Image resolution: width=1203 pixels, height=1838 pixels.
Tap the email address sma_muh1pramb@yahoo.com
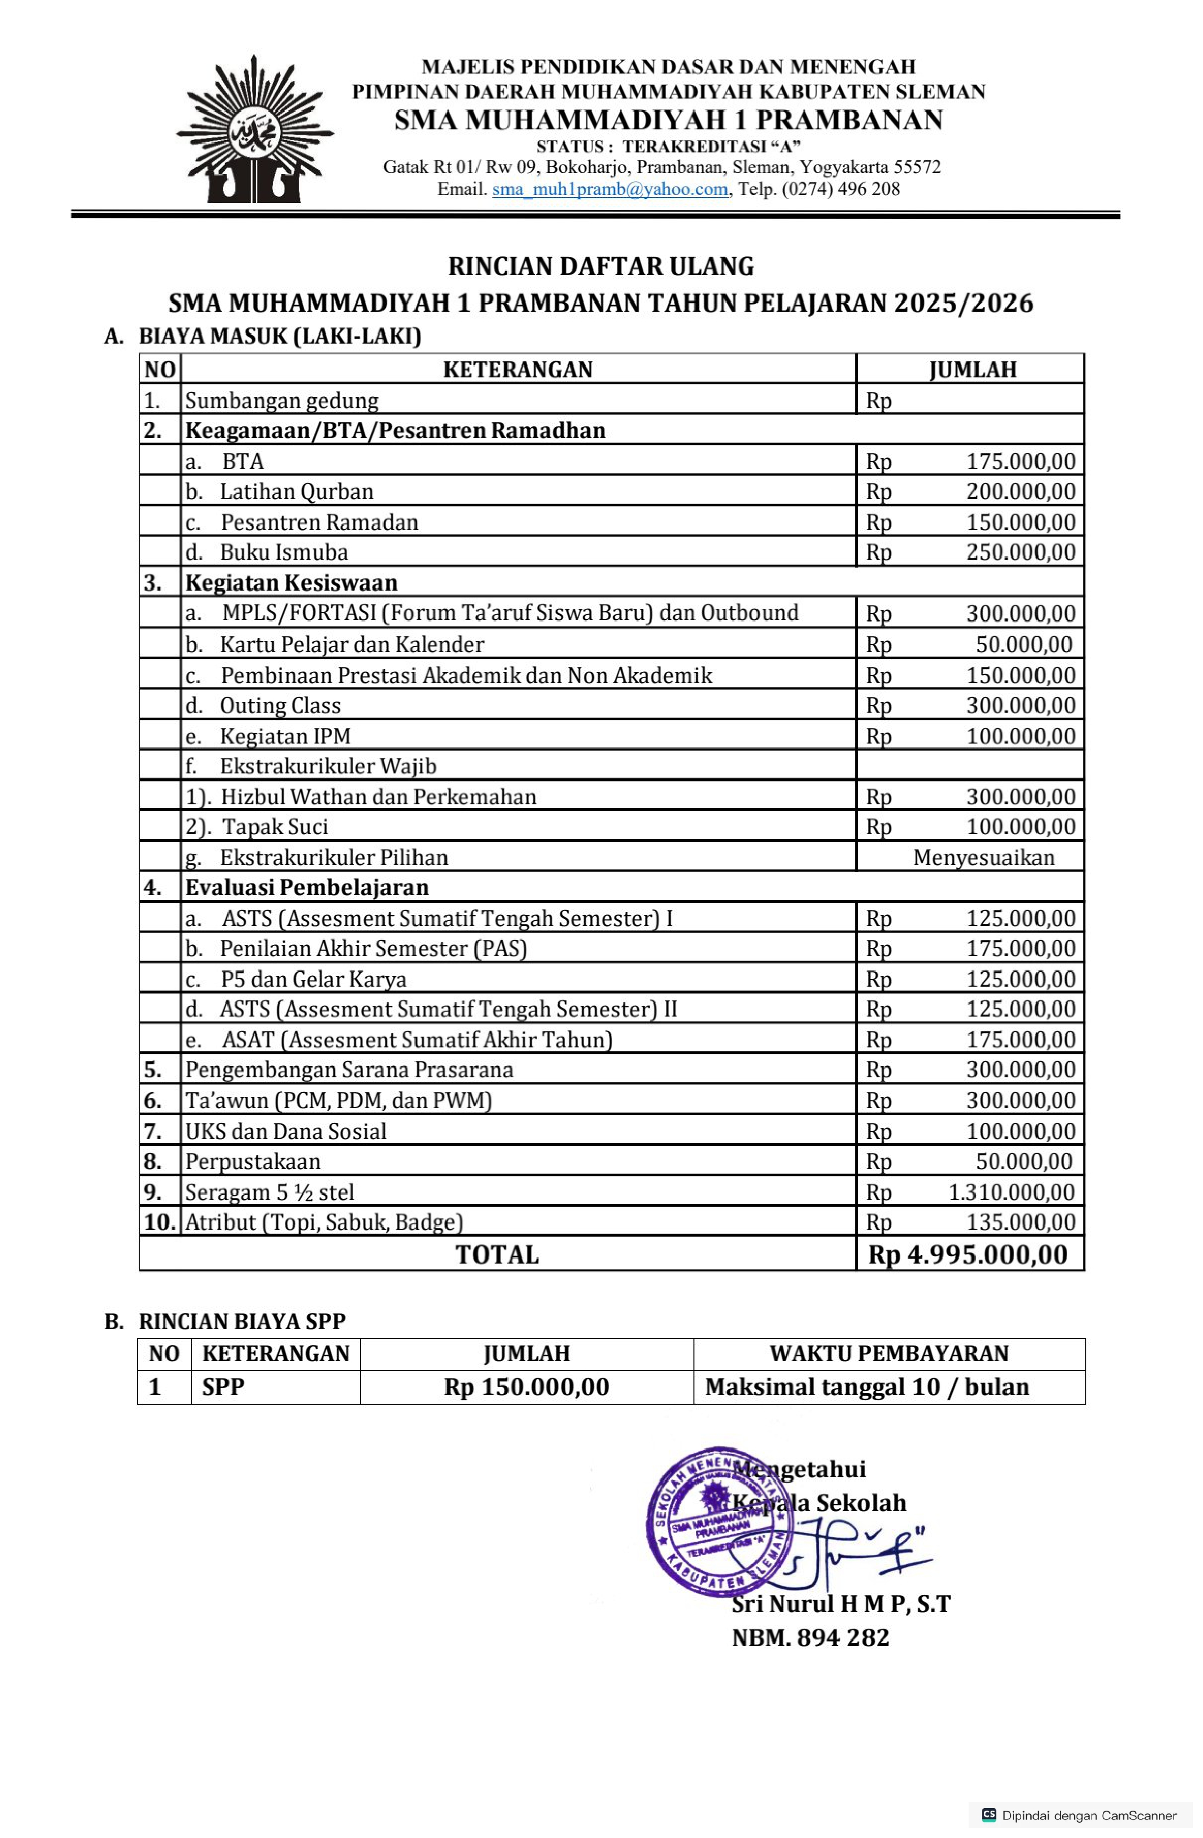click(610, 189)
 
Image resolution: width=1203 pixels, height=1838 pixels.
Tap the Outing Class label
click(280, 706)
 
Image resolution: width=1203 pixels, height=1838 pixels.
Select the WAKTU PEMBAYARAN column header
click(889, 1354)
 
